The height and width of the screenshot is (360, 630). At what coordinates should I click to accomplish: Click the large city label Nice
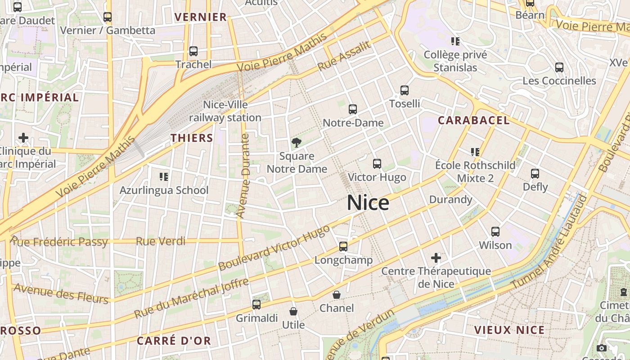[368, 203]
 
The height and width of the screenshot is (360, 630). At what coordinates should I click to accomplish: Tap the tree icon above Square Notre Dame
[296, 143]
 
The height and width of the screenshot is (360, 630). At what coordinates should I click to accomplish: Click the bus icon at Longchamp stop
[343, 246]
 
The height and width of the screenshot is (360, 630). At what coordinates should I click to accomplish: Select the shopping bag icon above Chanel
[337, 295]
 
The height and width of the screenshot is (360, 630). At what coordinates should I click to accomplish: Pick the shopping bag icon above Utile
[293, 311]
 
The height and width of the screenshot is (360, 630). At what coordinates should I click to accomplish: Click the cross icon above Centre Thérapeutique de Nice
[436, 258]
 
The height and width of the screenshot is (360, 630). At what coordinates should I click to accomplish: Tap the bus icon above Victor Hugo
[377, 164]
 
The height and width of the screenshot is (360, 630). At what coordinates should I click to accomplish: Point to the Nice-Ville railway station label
[225, 111]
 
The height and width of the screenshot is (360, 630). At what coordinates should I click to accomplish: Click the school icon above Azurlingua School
[164, 177]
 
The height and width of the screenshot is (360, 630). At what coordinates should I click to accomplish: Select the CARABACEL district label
[474, 120]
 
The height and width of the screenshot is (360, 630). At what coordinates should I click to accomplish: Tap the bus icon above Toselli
[405, 90]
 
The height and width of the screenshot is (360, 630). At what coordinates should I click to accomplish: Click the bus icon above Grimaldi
[256, 305]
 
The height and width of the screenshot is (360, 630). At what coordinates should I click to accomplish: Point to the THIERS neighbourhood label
[192, 138]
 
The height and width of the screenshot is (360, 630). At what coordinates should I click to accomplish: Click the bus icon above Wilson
[495, 232]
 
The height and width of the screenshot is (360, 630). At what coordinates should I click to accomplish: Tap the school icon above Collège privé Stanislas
[455, 41]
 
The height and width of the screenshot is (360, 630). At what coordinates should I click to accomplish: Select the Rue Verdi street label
[161, 241]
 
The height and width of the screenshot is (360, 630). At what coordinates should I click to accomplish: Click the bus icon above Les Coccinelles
[559, 67]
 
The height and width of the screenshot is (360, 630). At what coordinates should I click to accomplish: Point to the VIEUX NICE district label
[509, 330]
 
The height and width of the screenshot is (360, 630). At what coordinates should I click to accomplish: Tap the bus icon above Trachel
[193, 51]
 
